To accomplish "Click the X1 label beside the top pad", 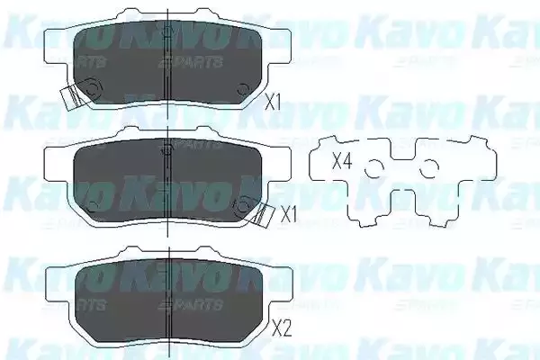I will click(x=274, y=102).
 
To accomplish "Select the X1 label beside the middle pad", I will click(x=288, y=215).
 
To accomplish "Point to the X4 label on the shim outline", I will click(x=341, y=163).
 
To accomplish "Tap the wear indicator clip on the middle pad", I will click(x=262, y=212).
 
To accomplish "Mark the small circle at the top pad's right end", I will click(x=242, y=86).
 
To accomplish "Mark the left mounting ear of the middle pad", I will click(x=56, y=160).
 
